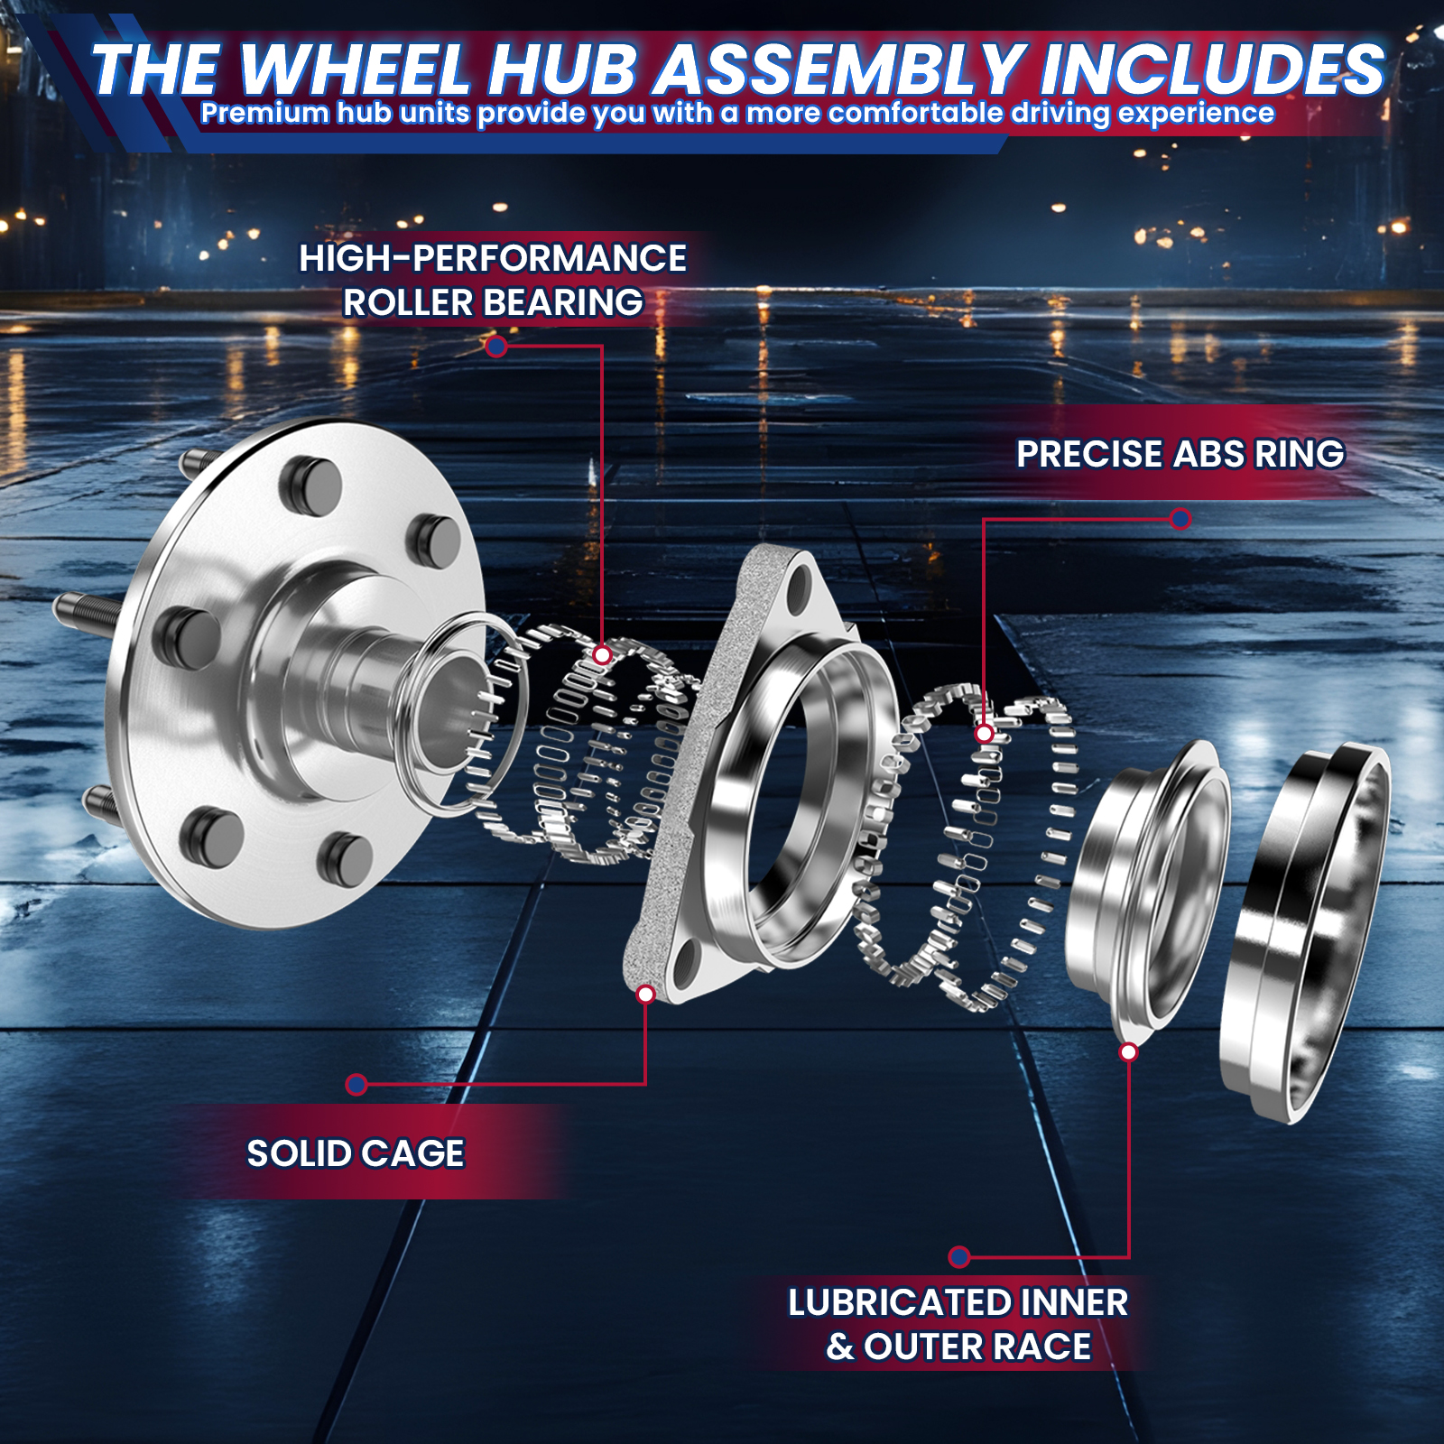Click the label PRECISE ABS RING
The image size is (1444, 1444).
pyautogui.click(x=1180, y=454)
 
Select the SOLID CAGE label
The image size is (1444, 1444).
pyautogui.click(x=356, y=1153)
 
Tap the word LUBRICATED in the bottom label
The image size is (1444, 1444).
pyautogui.click(x=900, y=1302)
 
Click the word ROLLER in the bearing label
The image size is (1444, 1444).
pyautogui.click(x=408, y=302)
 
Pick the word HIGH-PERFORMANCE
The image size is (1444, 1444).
pyautogui.click(x=493, y=258)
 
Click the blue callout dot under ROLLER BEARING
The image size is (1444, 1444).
pyautogui.click(x=495, y=346)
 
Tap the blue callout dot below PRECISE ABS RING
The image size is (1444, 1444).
pyautogui.click(x=1180, y=519)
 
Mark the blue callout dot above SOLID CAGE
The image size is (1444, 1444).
pyautogui.click(x=356, y=1084)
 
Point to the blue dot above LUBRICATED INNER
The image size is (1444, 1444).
pyautogui.click(x=959, y=1256)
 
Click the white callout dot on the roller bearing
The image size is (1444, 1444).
pyautogui.click(x=603, y=654)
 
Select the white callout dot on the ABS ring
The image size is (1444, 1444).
pyautogui.click(x=985, y=734)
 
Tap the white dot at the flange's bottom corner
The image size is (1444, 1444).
pyautogui.click(x=645, y=994)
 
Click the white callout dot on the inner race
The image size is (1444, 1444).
pyautogui.click(x=1128, y=1051)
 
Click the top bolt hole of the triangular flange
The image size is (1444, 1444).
pyautogui.click(x=798, y=588)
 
